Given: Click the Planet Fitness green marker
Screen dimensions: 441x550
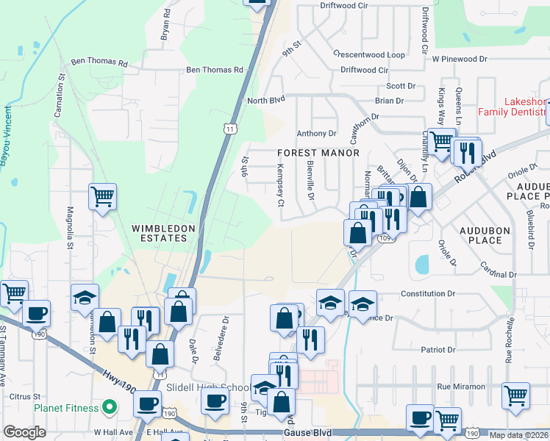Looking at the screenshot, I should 110,406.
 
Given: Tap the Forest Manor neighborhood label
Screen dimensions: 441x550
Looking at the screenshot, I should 318,153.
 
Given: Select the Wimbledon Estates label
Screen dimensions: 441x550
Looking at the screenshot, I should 163,233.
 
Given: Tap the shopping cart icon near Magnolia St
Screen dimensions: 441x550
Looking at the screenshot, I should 102,196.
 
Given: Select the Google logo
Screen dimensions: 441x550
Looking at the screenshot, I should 24,431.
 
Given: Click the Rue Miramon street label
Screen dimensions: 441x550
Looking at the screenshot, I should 461,387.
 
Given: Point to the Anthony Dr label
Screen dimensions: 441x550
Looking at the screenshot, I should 316,134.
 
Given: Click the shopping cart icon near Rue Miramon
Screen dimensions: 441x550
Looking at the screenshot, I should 516,395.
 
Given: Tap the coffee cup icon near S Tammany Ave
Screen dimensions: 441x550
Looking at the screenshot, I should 36,312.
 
